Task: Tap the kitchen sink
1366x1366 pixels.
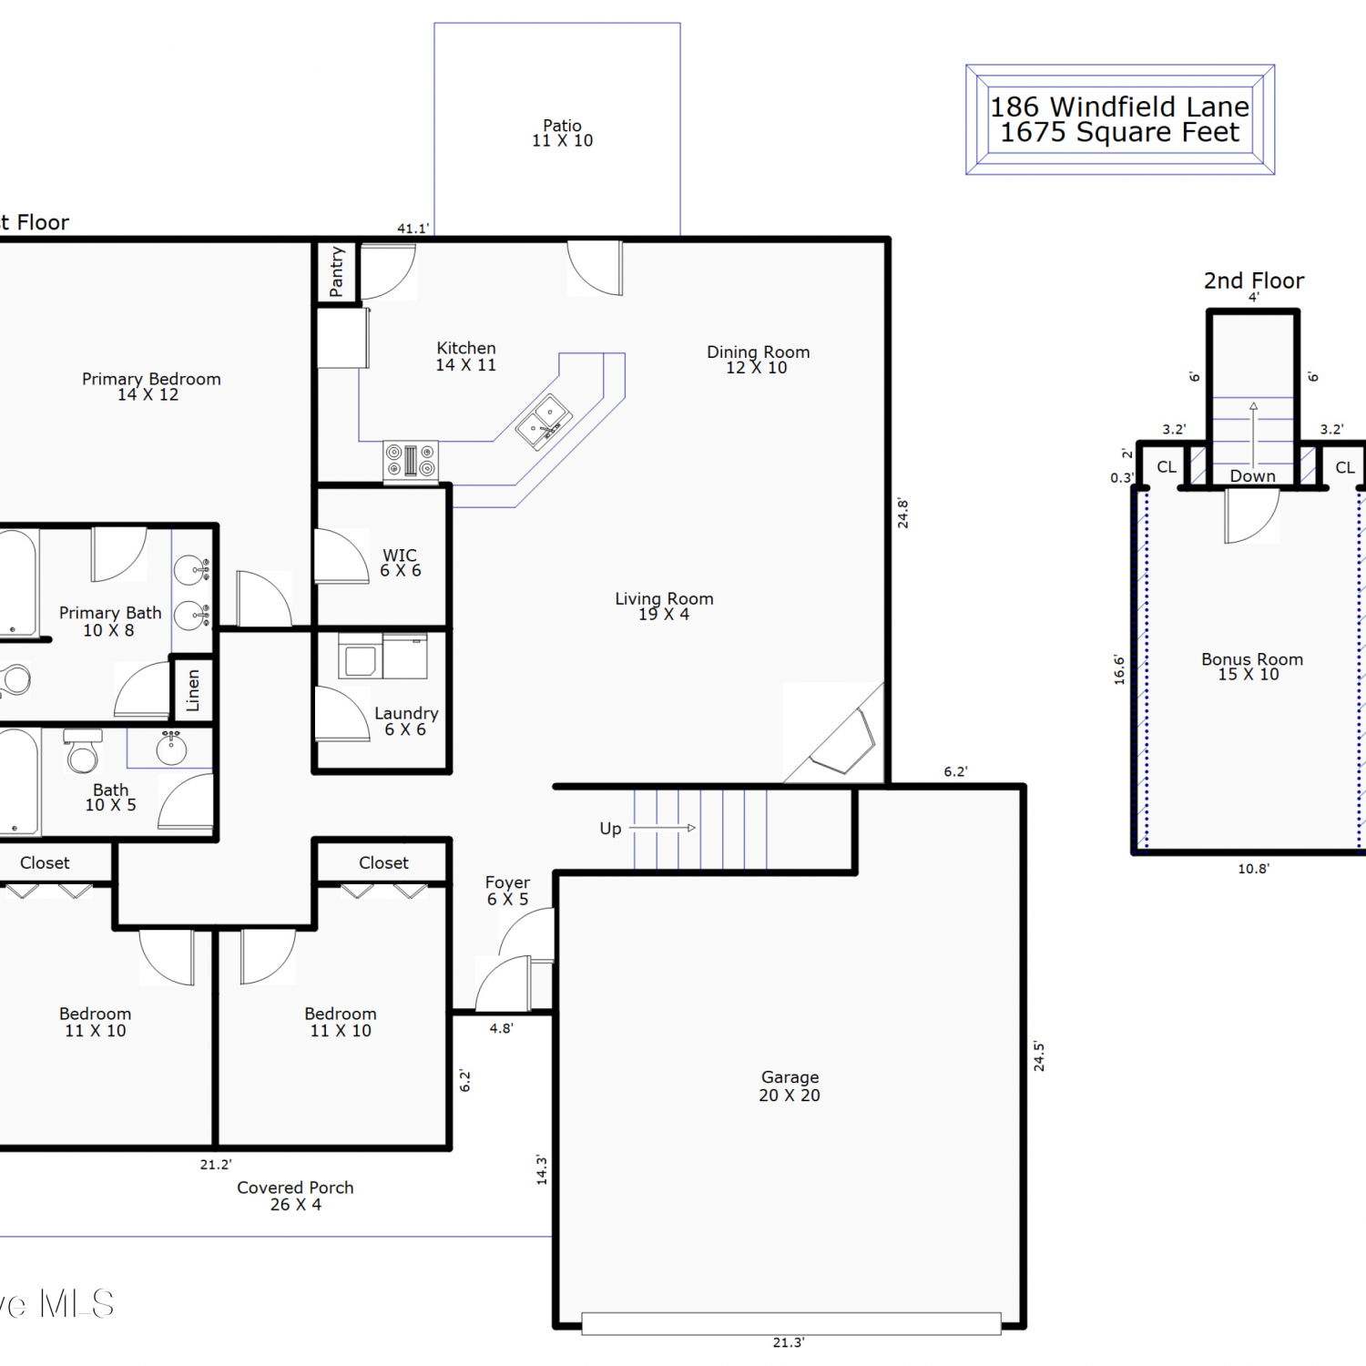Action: (544, 422)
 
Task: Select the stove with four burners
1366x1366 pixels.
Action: (411, 461)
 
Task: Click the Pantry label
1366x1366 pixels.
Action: (337, 271)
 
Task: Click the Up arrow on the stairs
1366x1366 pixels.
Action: (663, 828)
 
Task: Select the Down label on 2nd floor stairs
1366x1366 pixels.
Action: (1253, 475)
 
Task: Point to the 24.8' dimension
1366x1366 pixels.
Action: (902, 513)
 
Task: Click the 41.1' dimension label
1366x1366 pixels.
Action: (413, 229)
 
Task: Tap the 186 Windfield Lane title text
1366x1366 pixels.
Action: (1119, 107)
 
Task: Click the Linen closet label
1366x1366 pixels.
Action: (193, 690)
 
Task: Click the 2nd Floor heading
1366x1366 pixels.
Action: (1253, 280)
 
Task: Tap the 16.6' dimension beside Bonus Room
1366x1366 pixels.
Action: (1119, 669)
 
